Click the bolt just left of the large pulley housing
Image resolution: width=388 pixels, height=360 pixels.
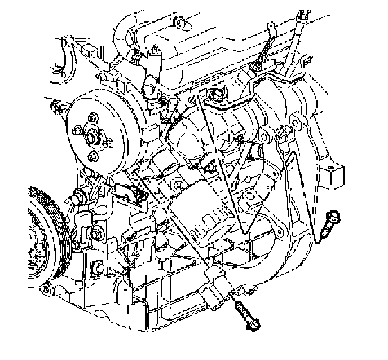[x=54, y=106]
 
